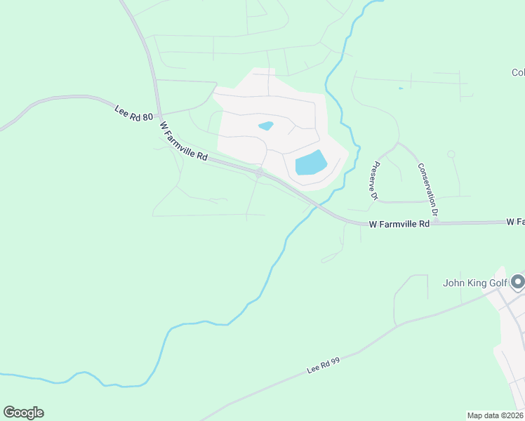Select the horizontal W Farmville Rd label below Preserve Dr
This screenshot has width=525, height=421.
pos(399,224)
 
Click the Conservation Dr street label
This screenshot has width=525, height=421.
pos(428,189)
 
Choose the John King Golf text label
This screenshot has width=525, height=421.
pos(474,283)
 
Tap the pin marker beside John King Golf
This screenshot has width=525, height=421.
pos(518,281)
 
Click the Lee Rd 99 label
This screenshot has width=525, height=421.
pos(323,366)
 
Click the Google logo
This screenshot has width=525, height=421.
pos(23,413)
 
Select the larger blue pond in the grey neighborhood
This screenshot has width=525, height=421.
pos(311,163)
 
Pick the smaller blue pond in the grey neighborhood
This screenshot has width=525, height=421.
pos(266,126)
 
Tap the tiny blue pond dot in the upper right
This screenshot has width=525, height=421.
pos(401,88)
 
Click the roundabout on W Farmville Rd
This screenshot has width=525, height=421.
pos(260,172)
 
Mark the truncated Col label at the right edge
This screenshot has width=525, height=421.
pos(518,72)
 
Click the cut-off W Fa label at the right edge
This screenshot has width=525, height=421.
pos(515,222)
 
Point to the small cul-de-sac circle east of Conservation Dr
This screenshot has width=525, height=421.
pos(451,154)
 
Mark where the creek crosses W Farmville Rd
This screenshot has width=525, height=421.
pos(319,206)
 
